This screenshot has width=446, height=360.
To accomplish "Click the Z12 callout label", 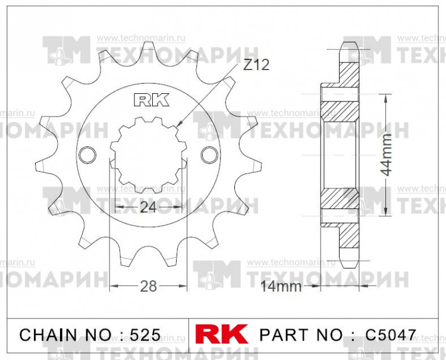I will click(x=256, y=65).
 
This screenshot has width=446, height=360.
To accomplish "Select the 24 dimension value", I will click(x=148, y=207).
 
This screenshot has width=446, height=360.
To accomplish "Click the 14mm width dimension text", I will click(x=281, y=287).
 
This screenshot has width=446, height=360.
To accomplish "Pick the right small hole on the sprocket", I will click(x=209, y=154).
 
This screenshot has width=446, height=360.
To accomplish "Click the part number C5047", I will click(x=391, y=334).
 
